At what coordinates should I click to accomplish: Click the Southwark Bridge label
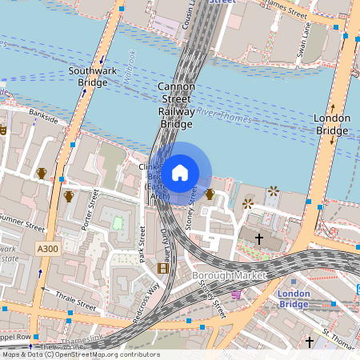93,76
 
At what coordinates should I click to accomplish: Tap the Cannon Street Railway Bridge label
177,105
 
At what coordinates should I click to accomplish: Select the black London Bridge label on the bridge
332,124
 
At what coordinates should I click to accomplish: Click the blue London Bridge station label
294,298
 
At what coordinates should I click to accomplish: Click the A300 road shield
48,250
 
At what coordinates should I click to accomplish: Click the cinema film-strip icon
163,268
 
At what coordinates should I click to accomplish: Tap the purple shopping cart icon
236,294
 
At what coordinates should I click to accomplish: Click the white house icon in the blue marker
179,173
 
